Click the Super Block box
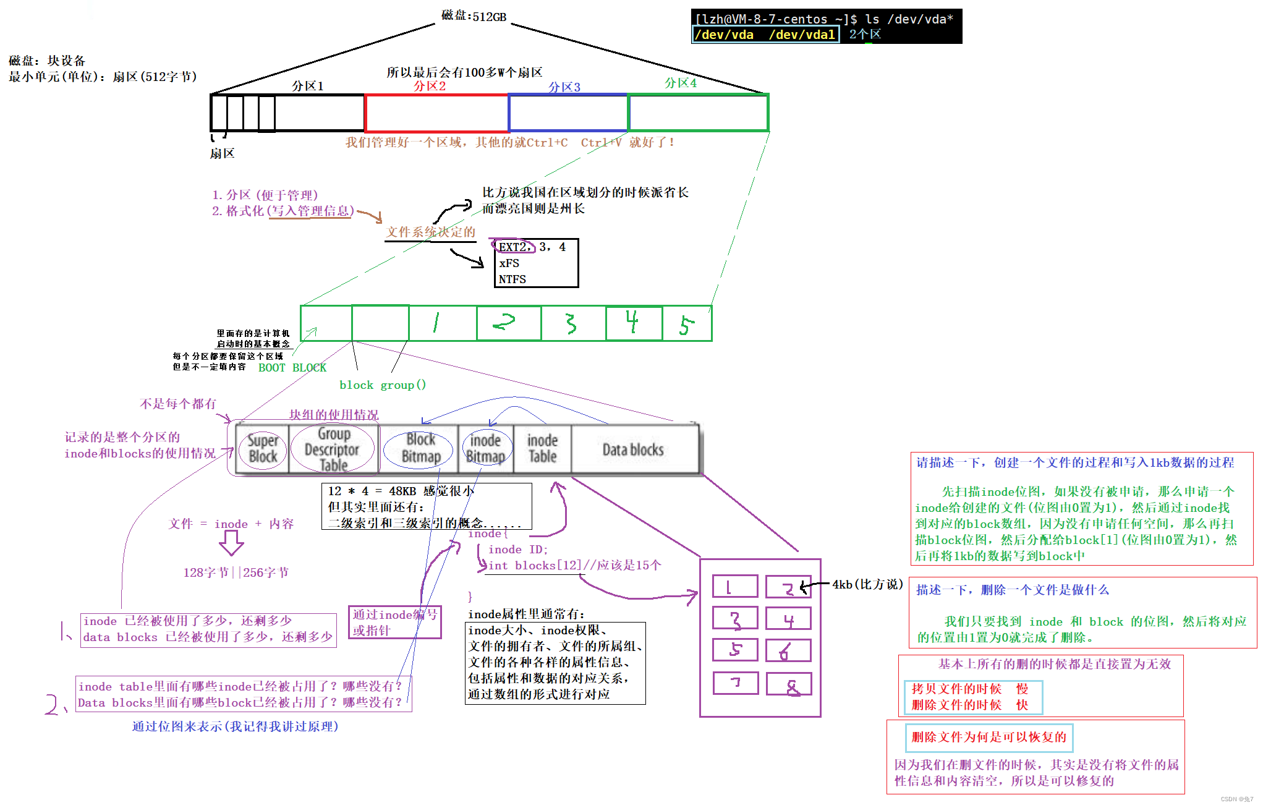(263, 449)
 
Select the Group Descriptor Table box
(333, 449)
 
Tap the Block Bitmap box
(420, 449)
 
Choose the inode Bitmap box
(486, 449)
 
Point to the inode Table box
(542, 449)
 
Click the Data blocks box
(633, 449)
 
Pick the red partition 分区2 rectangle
(436, 113)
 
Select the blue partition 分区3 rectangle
(568, 113)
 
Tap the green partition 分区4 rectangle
(698, 113)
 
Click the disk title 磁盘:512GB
(474, 16)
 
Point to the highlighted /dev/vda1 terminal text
(802, 35)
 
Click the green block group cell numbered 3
(572, 323)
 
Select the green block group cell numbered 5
(686, 323)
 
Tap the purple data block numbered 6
(788, 651)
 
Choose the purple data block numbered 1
(734, 586)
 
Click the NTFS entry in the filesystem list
(512, 279)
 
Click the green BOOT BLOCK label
(292, 368)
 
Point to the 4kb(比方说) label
(867, 584)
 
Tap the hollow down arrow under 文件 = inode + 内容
(231, 543)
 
